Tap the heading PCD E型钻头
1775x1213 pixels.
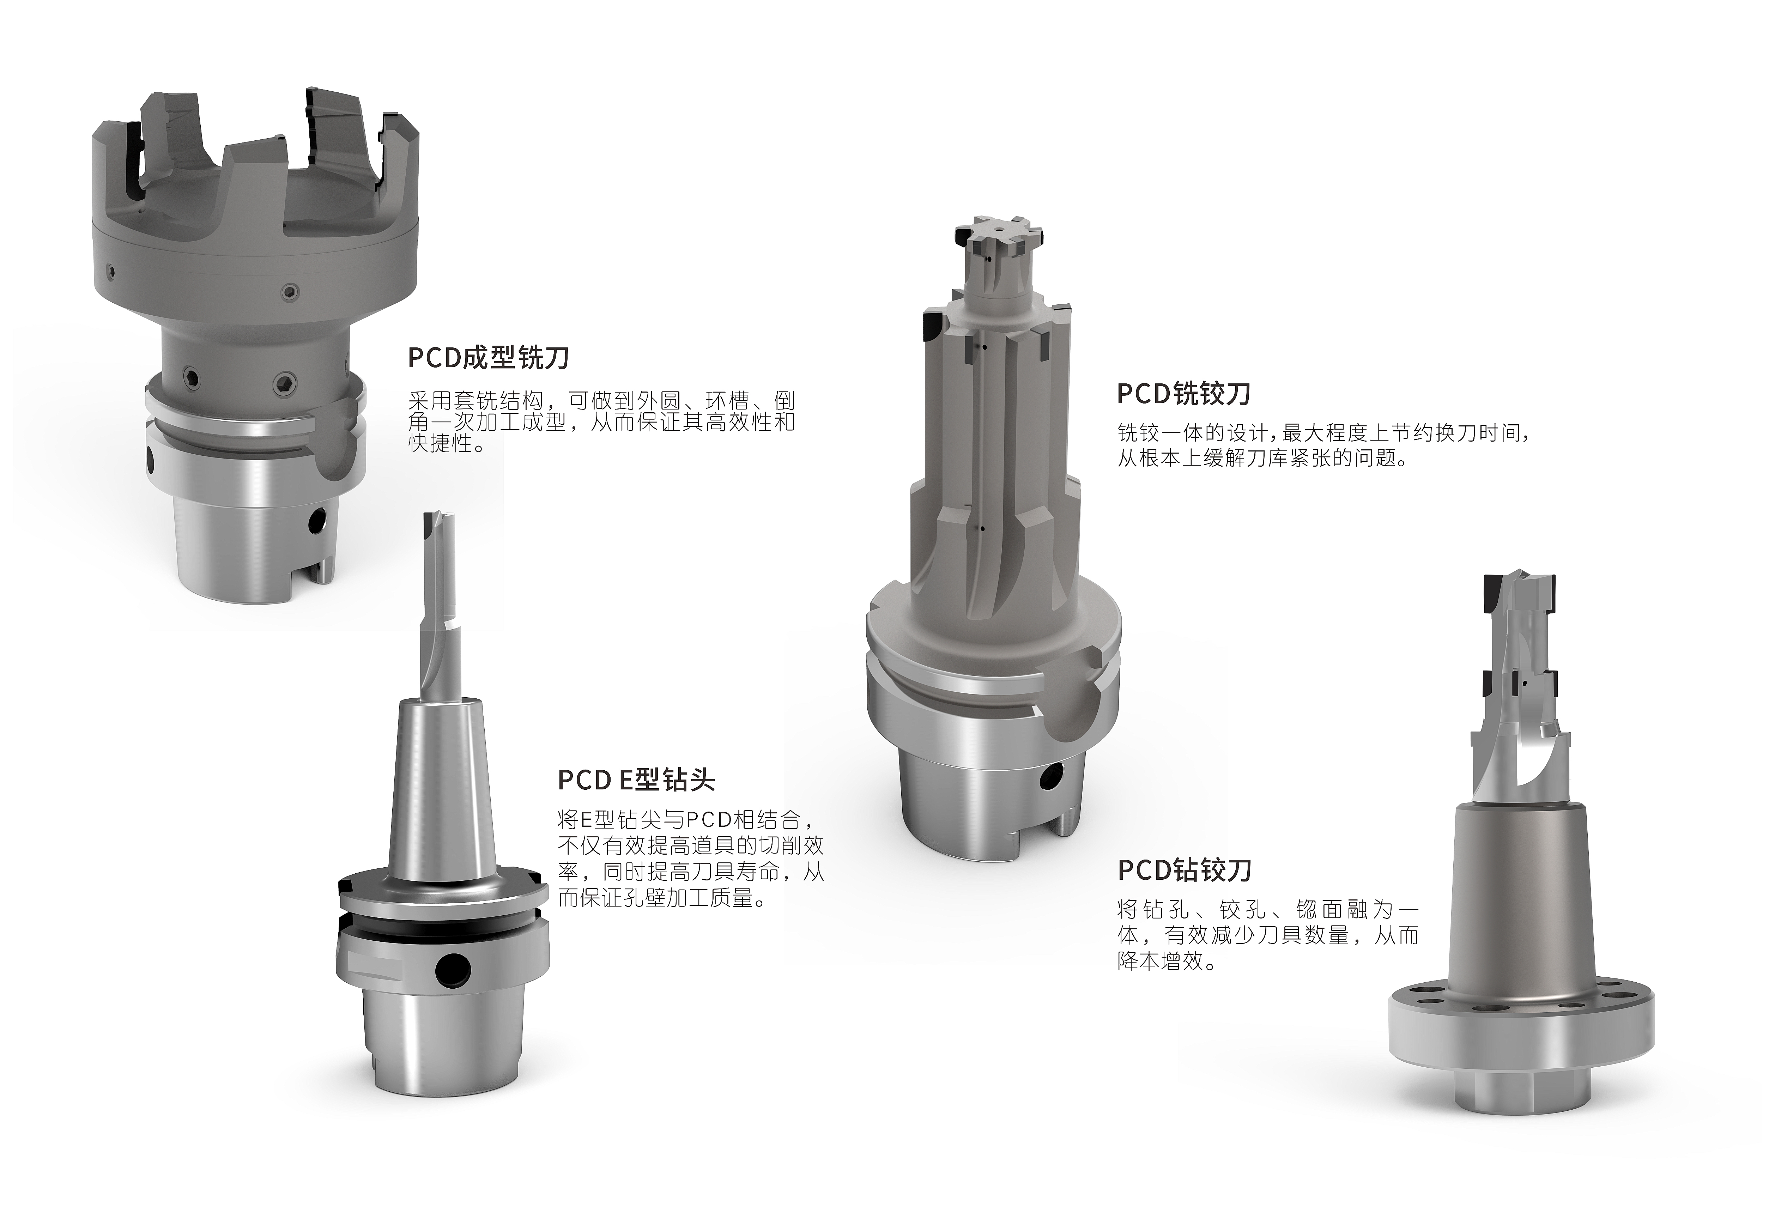click(x=636, y=780)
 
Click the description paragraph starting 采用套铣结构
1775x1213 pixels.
click(x=601, y=421)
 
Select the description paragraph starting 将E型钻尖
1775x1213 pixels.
click(x=690, y=859)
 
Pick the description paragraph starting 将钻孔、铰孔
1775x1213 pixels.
click(x=1268, y=935)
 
